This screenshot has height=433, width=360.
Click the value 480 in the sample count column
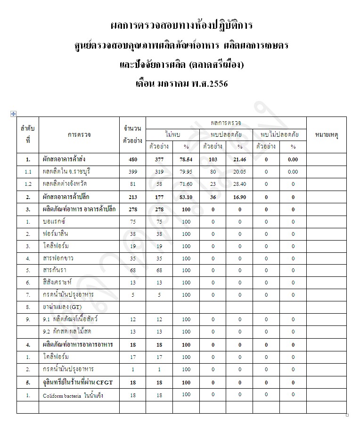[132, 159]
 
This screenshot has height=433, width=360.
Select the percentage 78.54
[186, 159]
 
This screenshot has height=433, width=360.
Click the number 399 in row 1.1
[132, 172]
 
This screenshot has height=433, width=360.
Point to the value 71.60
[186, 184]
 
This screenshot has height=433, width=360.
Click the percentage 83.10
[186, 197]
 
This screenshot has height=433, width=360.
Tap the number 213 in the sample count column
[132, 197]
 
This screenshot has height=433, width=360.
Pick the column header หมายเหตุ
[327, 135]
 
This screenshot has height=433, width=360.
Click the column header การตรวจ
[79, 135]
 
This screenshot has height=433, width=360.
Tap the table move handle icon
[13, 114]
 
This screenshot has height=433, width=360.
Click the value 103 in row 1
[213, 159]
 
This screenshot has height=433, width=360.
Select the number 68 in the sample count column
[132, 271]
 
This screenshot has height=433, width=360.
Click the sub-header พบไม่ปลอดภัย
[279, 134]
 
